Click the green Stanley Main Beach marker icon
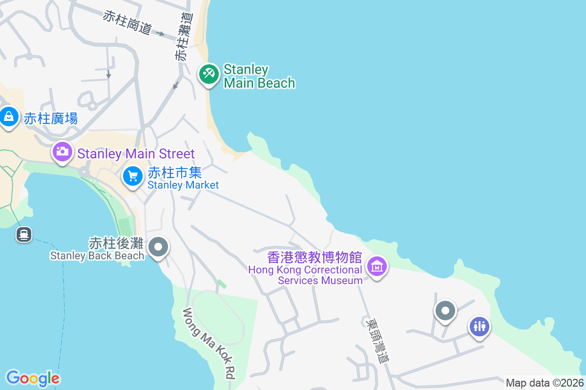209,74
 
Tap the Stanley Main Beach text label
259,77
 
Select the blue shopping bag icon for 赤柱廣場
9,117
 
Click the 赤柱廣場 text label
51,118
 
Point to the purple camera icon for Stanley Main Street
62,151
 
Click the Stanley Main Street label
136,154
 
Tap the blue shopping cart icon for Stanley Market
133,176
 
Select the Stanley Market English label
183,185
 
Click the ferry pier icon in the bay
23,234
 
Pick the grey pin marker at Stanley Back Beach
158,247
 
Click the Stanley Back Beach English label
97,255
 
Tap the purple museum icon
377,267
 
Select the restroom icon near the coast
479,326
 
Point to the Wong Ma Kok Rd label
209,344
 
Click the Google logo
33,378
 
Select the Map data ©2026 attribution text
544,383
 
